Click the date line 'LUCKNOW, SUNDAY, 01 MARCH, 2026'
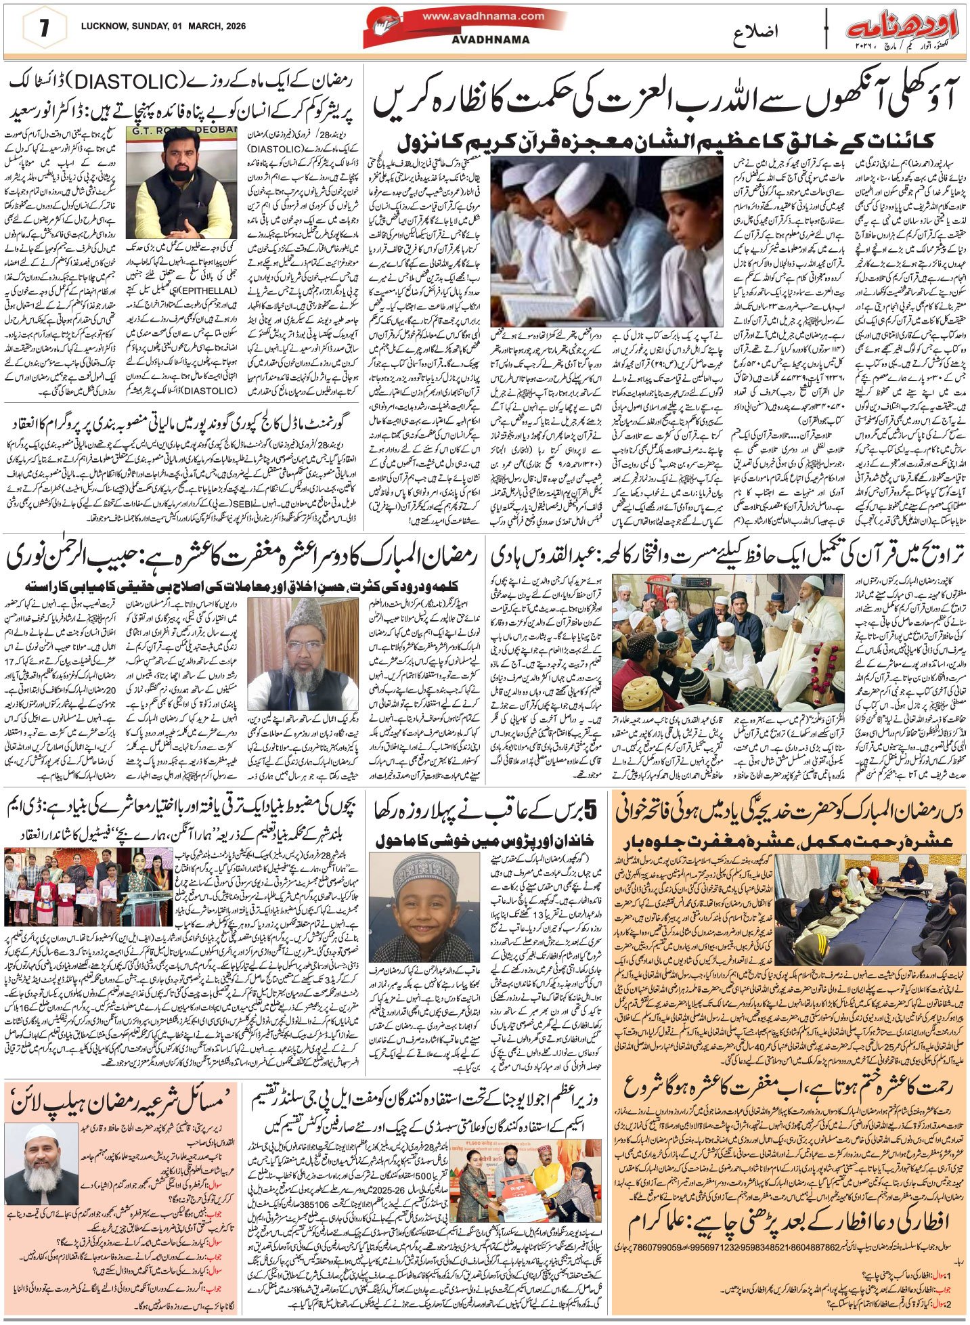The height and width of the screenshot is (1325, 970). click(x=162, y=28)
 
